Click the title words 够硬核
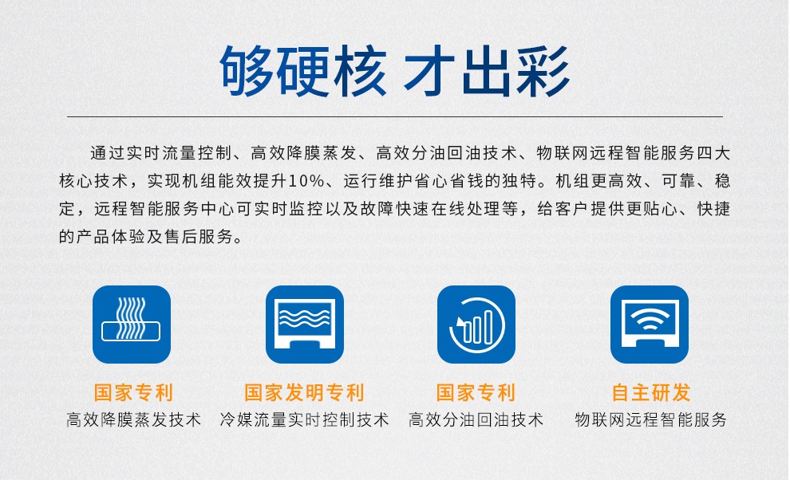pos(303,71)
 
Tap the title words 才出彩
pos(487,71)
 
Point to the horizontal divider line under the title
pos(395,117)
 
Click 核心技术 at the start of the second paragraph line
pos(93,181)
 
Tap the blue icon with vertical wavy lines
pos(132,325)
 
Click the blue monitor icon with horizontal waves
pos(305,325)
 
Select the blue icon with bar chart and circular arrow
pos(476,325)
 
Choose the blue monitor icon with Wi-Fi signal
pos(650,325)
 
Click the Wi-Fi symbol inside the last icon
pos(650,319)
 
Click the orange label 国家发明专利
pos(304,392)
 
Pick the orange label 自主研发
pos(650,392)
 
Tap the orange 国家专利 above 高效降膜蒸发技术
pos(133,392)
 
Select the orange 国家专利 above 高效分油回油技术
pos(476,392)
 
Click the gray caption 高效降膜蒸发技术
pos(133,419)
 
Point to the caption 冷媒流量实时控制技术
pos(304,419)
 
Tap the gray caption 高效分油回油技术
pos(476,419)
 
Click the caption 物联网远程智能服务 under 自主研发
pos(650,419)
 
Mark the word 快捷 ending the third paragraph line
pos(713,209)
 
